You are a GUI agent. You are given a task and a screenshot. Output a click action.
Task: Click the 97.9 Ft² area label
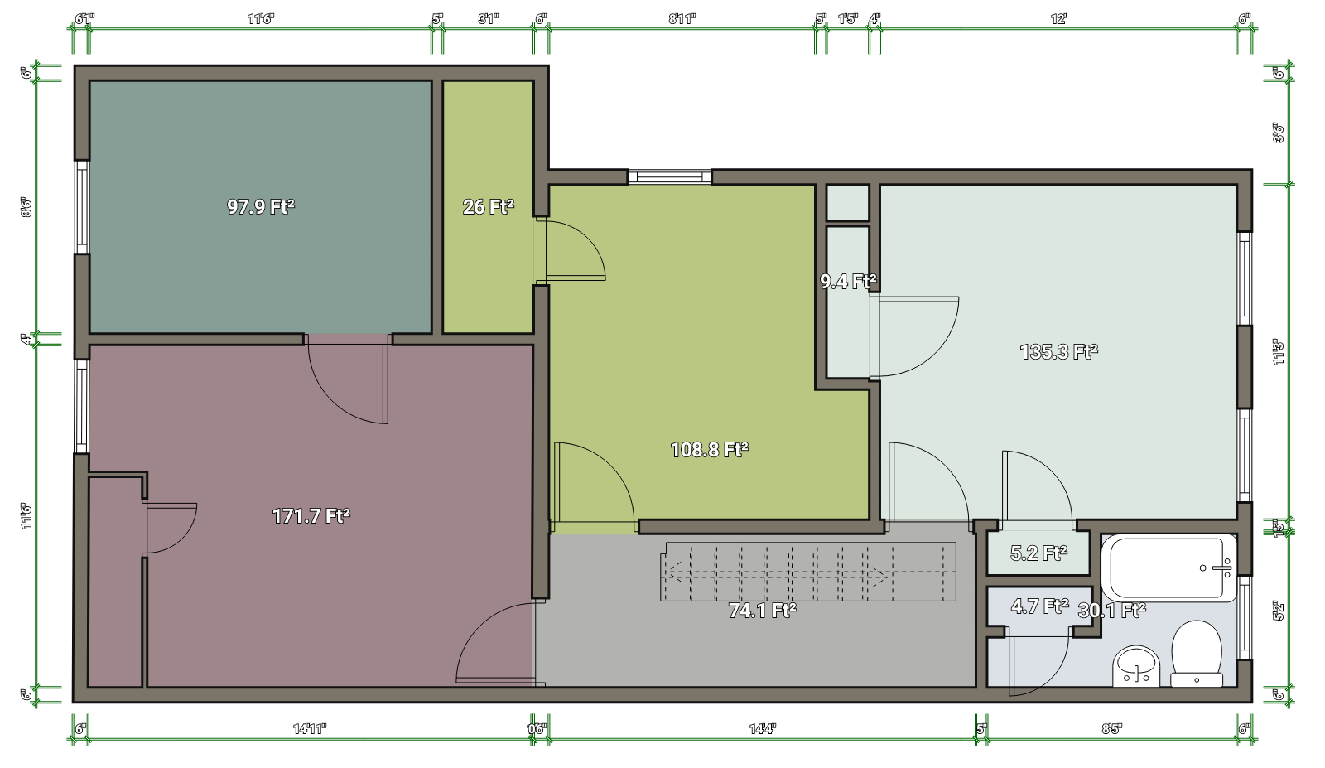[x=261, y=207]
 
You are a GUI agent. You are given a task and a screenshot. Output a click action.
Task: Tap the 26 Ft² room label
[x=488, y=207]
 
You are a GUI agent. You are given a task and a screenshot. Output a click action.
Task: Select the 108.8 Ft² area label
[x=709, y=450]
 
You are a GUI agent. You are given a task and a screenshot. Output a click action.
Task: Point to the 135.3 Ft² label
[x=1058, y=352]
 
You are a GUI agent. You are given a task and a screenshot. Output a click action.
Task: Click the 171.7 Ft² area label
[x=311, y=516]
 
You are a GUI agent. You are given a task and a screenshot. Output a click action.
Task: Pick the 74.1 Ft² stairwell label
[x=762, y=611]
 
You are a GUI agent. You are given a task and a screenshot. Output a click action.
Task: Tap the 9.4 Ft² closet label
[x=848, y=282]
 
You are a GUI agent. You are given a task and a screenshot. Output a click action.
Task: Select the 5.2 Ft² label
[x=1038, y=553]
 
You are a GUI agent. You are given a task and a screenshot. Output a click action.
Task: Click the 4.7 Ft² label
[x=1039, y=606]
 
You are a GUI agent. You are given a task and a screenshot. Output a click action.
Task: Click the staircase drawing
[x=807, y=572]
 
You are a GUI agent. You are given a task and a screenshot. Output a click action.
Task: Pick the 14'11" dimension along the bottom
[x=310, y=729]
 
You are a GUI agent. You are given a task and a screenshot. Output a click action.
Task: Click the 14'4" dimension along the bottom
[x=762, y=729]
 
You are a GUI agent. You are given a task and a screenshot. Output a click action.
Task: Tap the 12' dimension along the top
[x=1058, y=19]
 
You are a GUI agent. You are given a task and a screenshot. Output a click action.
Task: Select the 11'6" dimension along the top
[x=260, y=19]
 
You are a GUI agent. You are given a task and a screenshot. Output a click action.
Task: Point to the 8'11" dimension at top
[x=682, y=19]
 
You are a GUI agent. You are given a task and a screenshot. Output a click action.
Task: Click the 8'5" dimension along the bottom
[x=1111, y=729]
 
